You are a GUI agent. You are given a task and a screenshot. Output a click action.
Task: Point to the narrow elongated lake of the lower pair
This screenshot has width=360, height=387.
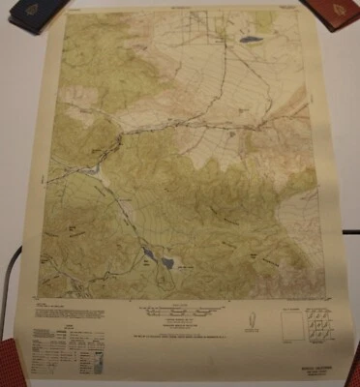147,255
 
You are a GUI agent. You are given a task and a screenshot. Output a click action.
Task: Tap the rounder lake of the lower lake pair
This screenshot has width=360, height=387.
166,262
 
